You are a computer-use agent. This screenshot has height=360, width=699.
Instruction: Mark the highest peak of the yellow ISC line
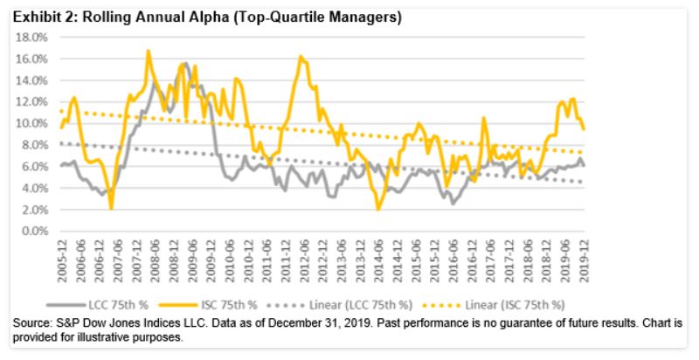pos(148,51)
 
